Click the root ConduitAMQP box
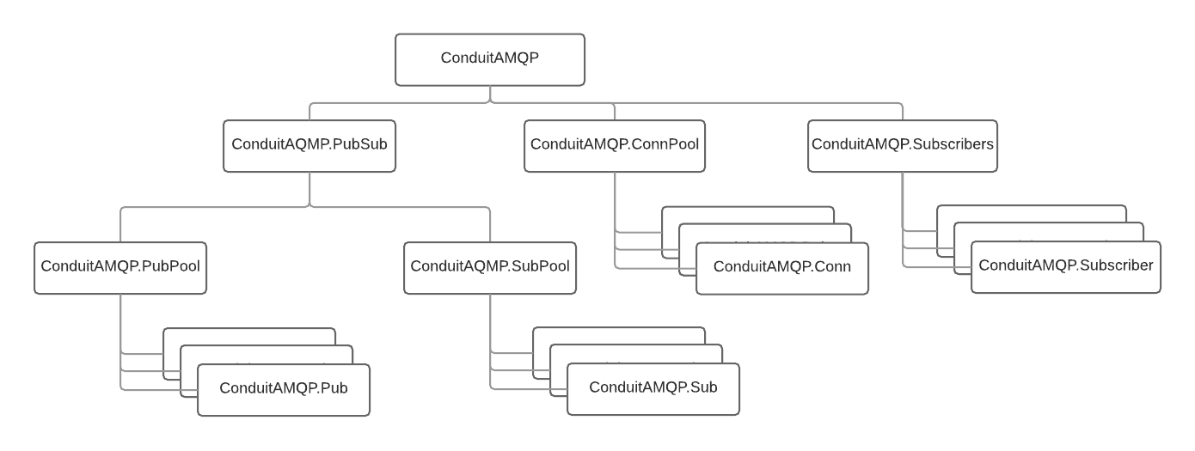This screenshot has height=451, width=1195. coord(490,59)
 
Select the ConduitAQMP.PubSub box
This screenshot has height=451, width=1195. coord(309,145)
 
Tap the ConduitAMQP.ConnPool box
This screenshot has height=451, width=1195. coord(615,145)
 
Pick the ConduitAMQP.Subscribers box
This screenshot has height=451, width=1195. coord(903,145)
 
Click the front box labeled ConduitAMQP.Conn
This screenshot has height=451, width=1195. coord(782,268)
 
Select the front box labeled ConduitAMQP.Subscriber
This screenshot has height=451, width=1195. coord(1066,267)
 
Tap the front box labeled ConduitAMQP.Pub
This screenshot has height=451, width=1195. coord(284,389)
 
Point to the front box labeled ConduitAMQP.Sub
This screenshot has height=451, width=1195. coord(653,388)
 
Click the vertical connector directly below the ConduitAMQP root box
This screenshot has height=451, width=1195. coord(490,94)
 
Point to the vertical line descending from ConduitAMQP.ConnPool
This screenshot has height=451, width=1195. coord(616,202)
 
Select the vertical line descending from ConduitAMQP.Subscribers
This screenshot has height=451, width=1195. coord(903,202)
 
